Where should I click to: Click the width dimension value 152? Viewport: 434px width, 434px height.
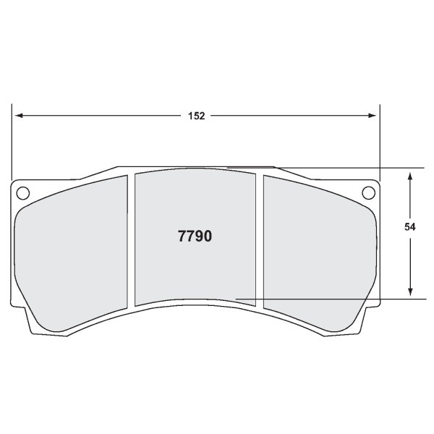[x=196, y=116]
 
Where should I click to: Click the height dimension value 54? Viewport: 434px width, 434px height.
[x=410, y=226]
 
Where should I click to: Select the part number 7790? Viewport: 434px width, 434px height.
[x=195, y=236]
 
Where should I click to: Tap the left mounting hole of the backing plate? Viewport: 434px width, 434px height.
[x=22, y=192]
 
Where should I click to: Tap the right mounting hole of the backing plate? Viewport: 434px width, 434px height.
[x=368, y=192]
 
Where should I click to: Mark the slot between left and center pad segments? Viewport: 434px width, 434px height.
[x=132, y=239]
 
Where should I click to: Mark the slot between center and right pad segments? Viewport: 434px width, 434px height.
[x=259, y=239]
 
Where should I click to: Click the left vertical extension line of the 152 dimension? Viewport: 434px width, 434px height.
[x=12, y=141]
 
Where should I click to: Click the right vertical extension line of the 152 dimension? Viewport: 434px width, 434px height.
[x=380, y=141]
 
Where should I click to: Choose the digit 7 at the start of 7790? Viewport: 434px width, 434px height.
[x=182, y=236]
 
